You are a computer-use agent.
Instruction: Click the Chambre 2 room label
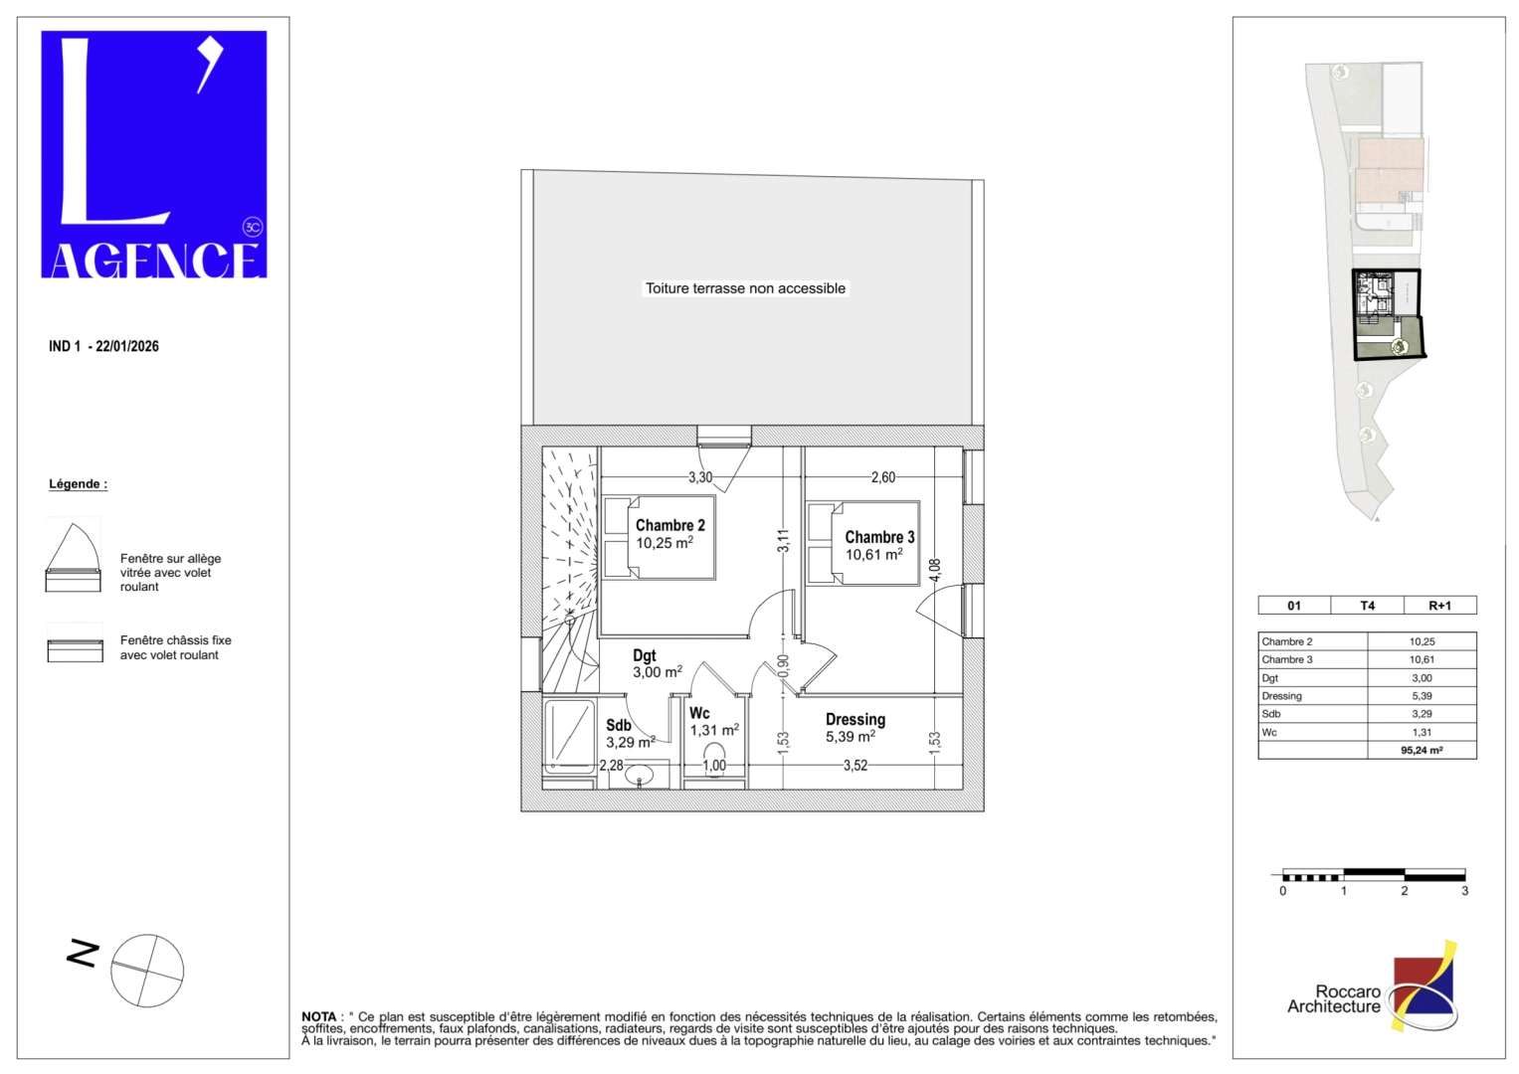pyautogui.click(x=669, y=525)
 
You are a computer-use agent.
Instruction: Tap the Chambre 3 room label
pyautogui.click(x=879, y=537)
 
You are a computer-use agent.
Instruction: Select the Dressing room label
pyautogui.click(x=854, y=719)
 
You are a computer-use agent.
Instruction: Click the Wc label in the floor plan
pyautogui.click(x=699, y=713)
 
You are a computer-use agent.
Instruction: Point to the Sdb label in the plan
pyautogui.click(x=618, y=726)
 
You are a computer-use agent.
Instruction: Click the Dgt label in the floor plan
pyautogui.click(x=645, y=655)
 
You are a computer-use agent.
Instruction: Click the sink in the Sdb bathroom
pyautogui.click(x=639, y=775)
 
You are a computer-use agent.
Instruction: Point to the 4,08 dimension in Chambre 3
pyautogui.click(x=934, y=570)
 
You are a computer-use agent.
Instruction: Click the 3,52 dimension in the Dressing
pyautogui.click(x=855, y=766)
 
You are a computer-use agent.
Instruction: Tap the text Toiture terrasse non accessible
pyautogui.click(x=745, y=288)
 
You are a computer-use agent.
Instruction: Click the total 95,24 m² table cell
pyautogui.click(x=1422, y=751)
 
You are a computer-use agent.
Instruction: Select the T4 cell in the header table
pyautogui.click(x=1367, y=606)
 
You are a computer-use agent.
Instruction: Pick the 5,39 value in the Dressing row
pyautogui.click(x=1422, y=696)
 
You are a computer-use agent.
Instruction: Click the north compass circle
pyautogui.click(x=147, y=971)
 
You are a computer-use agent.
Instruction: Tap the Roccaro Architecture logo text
pyautogui.click(x=1334, y=999)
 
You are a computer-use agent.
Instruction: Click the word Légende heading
pyautogui.click(x=78, y=484)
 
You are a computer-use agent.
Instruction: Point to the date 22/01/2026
pyautogui.click(x=127, y=346)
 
